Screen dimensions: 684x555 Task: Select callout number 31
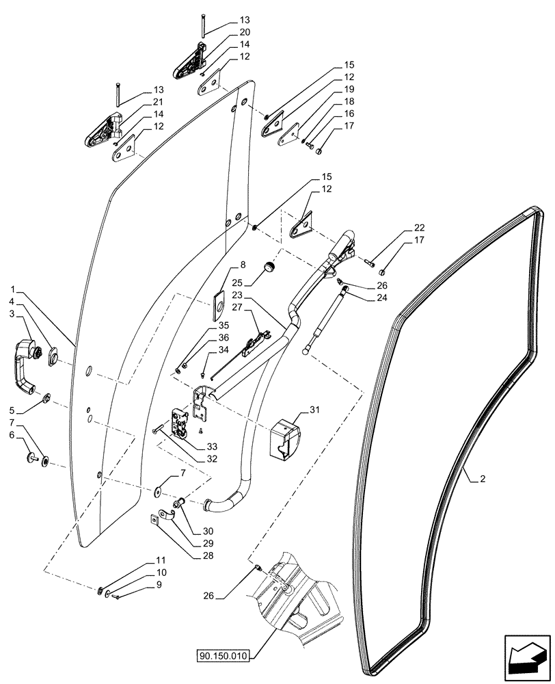[314, 410]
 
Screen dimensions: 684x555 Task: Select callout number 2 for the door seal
[482, 479]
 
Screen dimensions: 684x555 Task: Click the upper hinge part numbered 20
[190, 62]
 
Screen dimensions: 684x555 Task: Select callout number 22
[418, 227]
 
